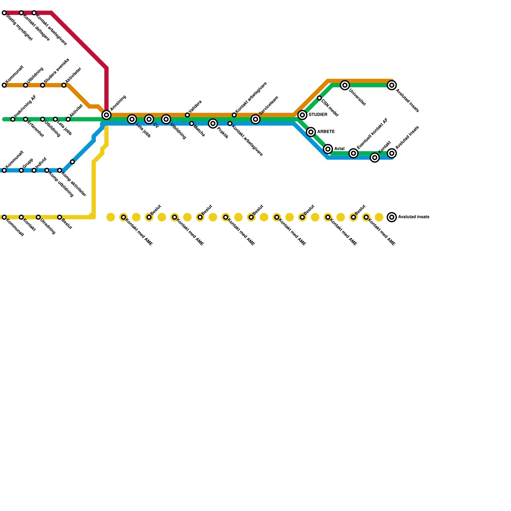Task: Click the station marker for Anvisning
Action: (x=106, y=115)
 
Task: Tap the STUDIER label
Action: (x=318, y=115)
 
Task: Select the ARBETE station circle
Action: (x=311, y=132)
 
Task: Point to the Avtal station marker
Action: (x=328, y=149)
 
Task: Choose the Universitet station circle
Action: (x=345, y=85)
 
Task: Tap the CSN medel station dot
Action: (x=319, y=98)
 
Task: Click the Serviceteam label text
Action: (x=269, y=105)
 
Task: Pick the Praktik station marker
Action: (x=213, y=124)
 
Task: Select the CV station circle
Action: (x=149, y=119)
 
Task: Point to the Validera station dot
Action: (x=187, y=115)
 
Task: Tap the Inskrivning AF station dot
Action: (x=13, y=119)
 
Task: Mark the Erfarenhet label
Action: (x=35, y=129)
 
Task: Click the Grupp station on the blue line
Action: (x=21, y=171)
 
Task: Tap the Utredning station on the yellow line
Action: (x=38, y=217)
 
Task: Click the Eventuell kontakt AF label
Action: (x=372, y=133)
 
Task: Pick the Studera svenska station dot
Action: (x=42, y=85)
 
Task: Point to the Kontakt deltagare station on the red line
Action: (x=21, y=13)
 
